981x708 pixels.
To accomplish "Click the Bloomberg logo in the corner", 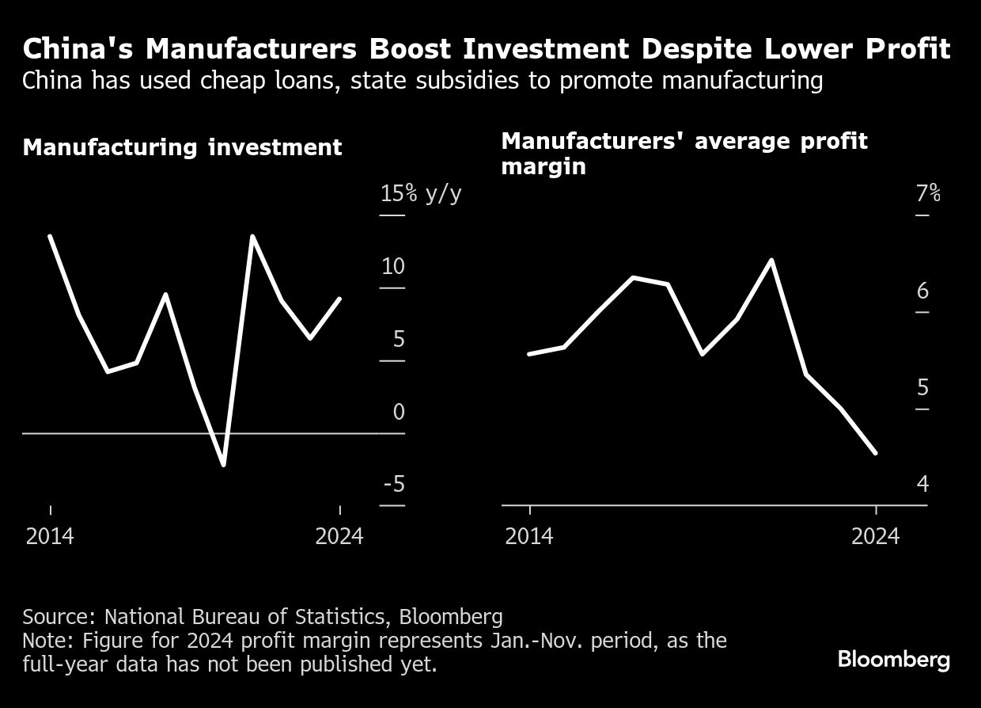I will [893, 660].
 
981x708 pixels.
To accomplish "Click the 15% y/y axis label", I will [420, 193].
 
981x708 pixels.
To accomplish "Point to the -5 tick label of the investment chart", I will [393, 484].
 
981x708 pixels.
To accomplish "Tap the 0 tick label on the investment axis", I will [398, 412].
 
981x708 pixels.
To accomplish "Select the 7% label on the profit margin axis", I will [928, 193].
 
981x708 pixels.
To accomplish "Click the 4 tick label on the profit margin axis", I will [922, 484].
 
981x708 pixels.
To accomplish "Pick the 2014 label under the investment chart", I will [50, 536].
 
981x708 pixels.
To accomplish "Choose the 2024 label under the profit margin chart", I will [875, 536].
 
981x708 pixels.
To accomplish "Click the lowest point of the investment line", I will [224, 465].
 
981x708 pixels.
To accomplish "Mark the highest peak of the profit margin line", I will [771, 260].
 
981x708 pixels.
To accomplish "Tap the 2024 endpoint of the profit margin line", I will [876, 453].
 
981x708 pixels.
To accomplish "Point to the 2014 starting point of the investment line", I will [50, 236].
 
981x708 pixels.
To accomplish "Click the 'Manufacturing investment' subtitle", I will [182, 147].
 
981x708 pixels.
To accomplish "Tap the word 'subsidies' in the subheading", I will [406, 81].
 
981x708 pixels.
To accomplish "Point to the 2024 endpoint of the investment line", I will [339, 299].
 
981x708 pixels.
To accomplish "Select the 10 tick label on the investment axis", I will [392, 266].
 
